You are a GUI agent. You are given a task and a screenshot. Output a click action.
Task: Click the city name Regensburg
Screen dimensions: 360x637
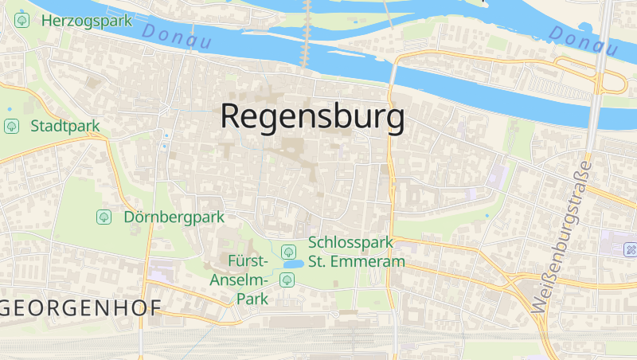point(312,116)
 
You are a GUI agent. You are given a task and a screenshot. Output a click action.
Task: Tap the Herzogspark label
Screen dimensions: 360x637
point(87,21)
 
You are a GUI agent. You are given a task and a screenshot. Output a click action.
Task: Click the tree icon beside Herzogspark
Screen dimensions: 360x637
point(22,21)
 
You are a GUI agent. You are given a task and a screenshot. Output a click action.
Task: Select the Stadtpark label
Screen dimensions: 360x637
point(65,126)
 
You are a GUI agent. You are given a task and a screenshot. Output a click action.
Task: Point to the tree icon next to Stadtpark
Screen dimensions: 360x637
point(11,126)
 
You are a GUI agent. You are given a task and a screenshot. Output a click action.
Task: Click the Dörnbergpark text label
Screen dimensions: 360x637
point(174,217)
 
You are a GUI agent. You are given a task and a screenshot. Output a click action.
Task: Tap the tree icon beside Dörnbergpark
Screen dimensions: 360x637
point(104,217)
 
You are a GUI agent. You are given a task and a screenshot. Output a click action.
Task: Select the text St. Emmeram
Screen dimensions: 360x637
point(356,261)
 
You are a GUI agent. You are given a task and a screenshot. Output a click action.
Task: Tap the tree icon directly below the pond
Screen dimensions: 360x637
point(287,279)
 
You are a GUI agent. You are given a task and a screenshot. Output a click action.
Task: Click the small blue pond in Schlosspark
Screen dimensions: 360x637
point(292,264)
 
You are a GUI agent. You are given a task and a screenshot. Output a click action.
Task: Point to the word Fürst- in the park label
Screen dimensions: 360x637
point(248,261)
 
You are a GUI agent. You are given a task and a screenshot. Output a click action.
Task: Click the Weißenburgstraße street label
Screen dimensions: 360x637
point(561,237)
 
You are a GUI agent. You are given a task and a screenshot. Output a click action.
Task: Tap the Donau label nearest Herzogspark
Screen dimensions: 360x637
point(176,37)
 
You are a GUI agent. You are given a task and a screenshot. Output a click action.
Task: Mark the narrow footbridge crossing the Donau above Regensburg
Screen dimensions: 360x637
point(306,32)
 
